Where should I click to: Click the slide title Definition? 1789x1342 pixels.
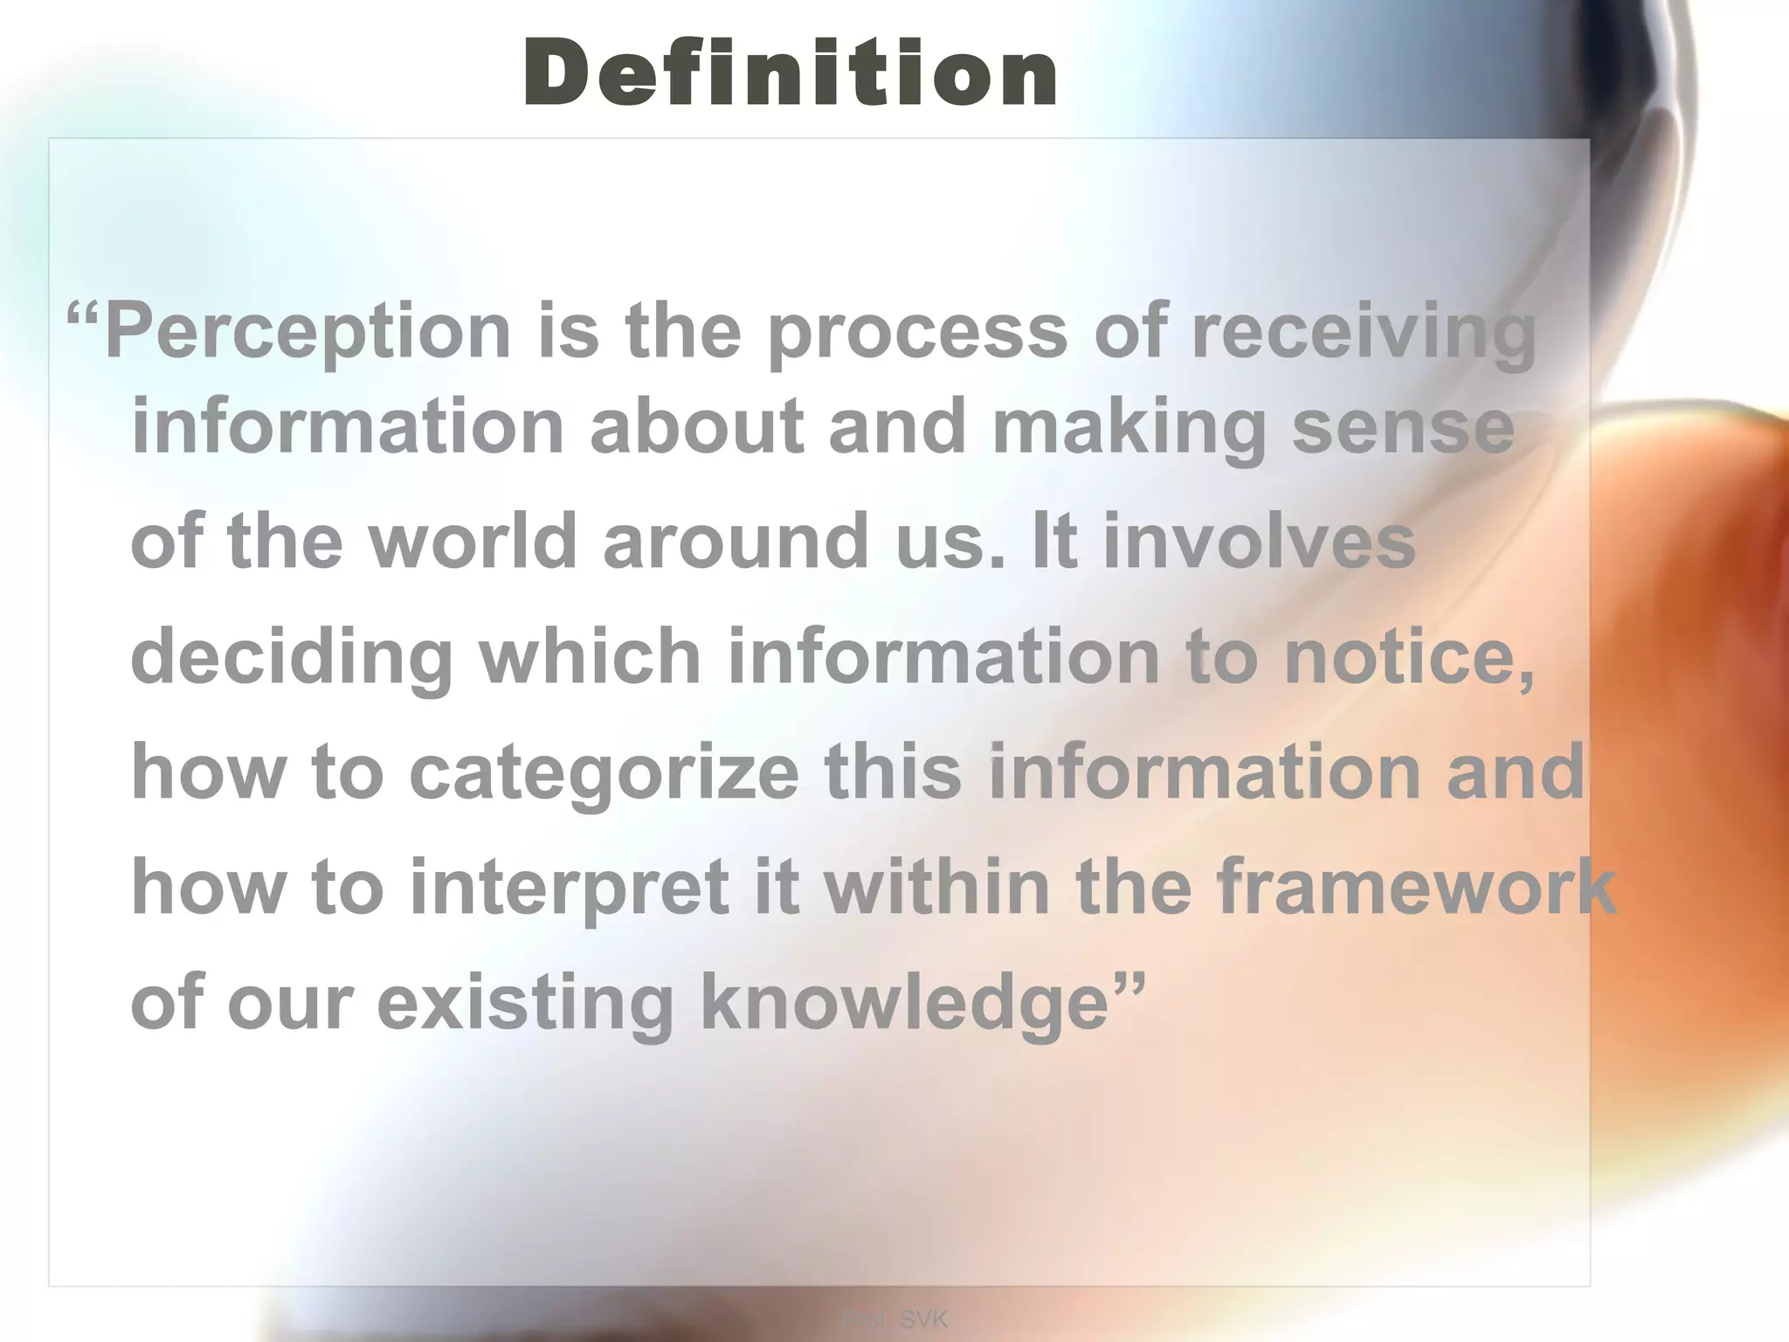point(791,75)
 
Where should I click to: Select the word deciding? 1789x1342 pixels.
point(291,656)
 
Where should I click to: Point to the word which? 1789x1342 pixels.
point(590,656)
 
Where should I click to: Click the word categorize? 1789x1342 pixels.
point(604,771)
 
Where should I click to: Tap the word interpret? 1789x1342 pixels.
point(569,887)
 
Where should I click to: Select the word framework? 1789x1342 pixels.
point(1416,887)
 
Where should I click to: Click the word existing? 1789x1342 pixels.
point(525,1002)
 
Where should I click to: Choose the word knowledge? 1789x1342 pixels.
point(904,1002)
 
